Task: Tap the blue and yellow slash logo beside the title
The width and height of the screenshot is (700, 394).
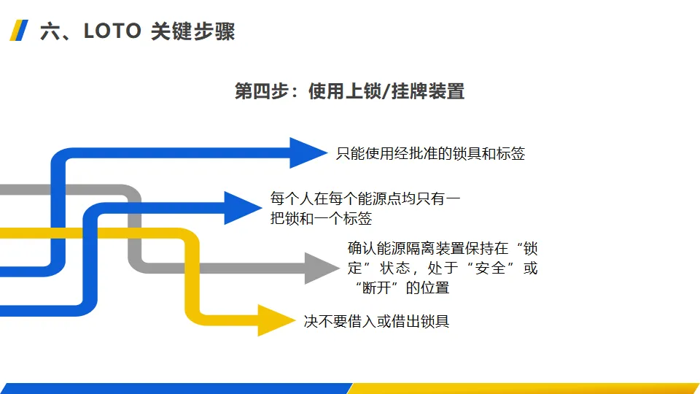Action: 19,31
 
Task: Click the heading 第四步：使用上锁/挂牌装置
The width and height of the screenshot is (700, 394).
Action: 349,91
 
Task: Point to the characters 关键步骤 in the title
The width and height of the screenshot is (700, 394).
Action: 192,31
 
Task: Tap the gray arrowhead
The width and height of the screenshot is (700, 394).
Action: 321,268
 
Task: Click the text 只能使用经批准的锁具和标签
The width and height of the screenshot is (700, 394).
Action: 430,153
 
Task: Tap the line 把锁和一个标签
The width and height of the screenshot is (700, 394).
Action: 321,218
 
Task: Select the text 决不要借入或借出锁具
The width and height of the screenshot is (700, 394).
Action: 376,321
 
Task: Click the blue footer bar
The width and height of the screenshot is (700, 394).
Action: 175,388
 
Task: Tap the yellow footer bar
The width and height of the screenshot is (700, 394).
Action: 525,388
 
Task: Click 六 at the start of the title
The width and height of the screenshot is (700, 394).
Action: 49,31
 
